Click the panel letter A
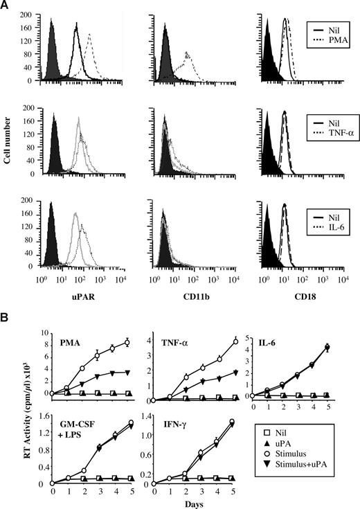pos(6,6)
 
